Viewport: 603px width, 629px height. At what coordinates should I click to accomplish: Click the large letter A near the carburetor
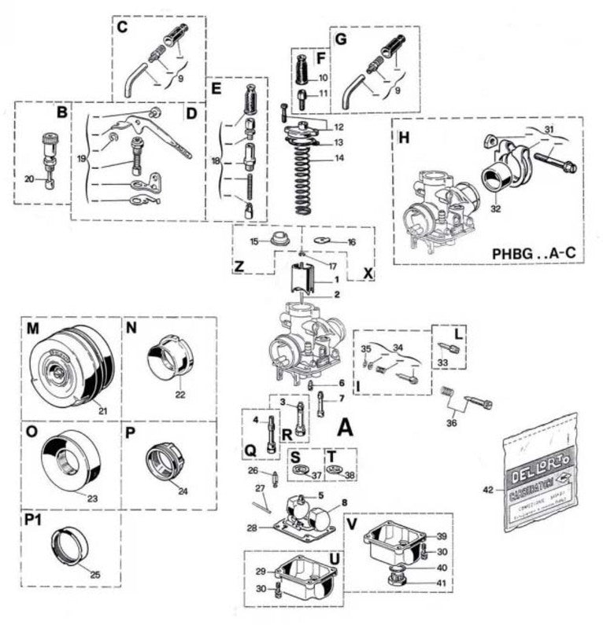tap(344, 429)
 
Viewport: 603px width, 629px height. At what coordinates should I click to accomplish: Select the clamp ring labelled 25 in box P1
tap(70, 545)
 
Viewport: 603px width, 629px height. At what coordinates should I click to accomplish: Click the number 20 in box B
tap(29, 179)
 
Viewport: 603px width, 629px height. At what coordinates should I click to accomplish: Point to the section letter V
tap(351, 522)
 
